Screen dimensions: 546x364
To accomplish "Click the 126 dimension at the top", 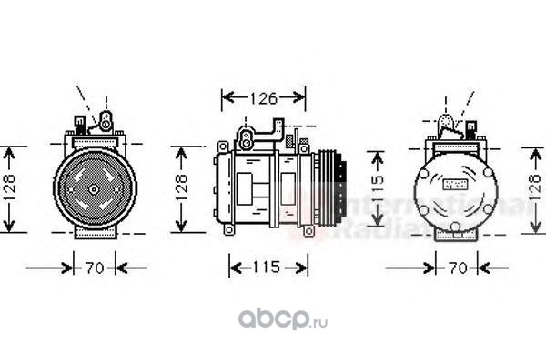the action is pyautogui.click(x=265, y=97).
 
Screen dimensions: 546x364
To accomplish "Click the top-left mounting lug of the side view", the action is pyautogui.click(x=221, y=146).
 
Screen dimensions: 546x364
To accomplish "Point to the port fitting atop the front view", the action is pyautogui.click(x=106, y=119).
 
